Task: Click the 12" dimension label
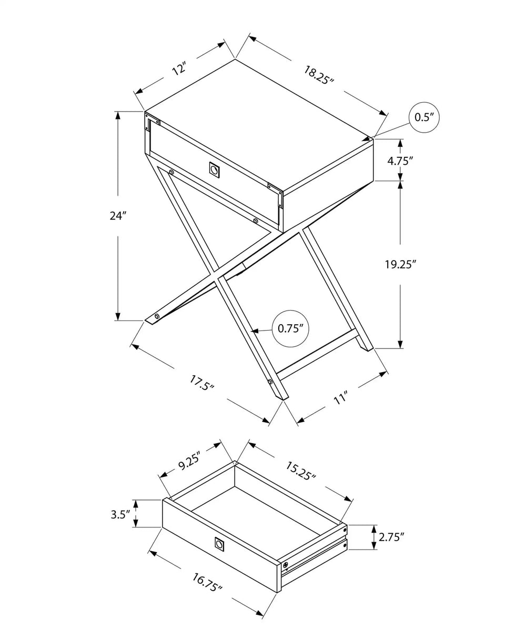[179, 68]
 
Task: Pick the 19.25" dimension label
[401, 264]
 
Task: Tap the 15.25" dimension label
[300, 470]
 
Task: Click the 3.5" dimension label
[120, 514]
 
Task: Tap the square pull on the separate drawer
[219, 544]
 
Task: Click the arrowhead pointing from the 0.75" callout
[255, 331]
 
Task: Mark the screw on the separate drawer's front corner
[286, 565]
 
